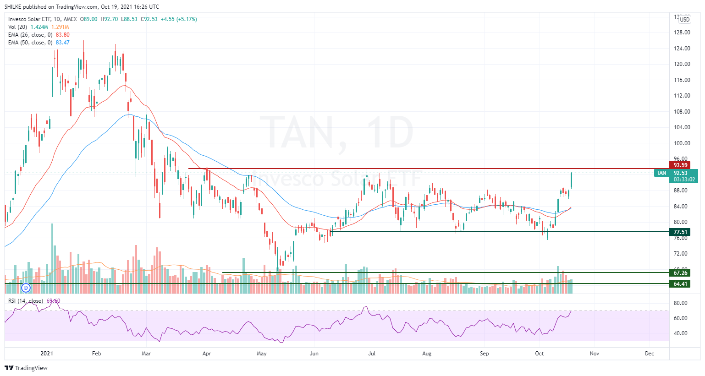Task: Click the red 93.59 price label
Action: pyautogui.click(x=680, y=165)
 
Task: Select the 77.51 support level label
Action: pyautogui.click(x=680, y=232)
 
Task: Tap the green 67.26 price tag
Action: pyautogui.click(x=680, y=273)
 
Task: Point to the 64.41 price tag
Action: pyautogui.click(x=680, y=284)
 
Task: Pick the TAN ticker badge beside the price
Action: pyautogui.click(x=661, y=173)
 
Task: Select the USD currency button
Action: pyautogui.click(x=684, y=20)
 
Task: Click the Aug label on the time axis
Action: pyautogui.click(x=427, y=354)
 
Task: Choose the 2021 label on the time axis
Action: pyautogui.click(x=47, y=354)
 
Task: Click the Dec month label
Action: pyautogui.click(x=649, y=354)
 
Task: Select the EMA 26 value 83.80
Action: pyautogui.click(x=62, y=35)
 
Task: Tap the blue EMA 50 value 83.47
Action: pyautogui.click(x=62, y=43)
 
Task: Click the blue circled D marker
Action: pyautogui.click(x=26, y=288)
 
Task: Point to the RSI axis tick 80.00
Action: pyautogui.click(x=680, y=303)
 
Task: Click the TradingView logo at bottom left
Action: pyautogui.click(x=26, y=368)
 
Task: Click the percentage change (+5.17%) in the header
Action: pyautogui.click(x=187, y=19)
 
